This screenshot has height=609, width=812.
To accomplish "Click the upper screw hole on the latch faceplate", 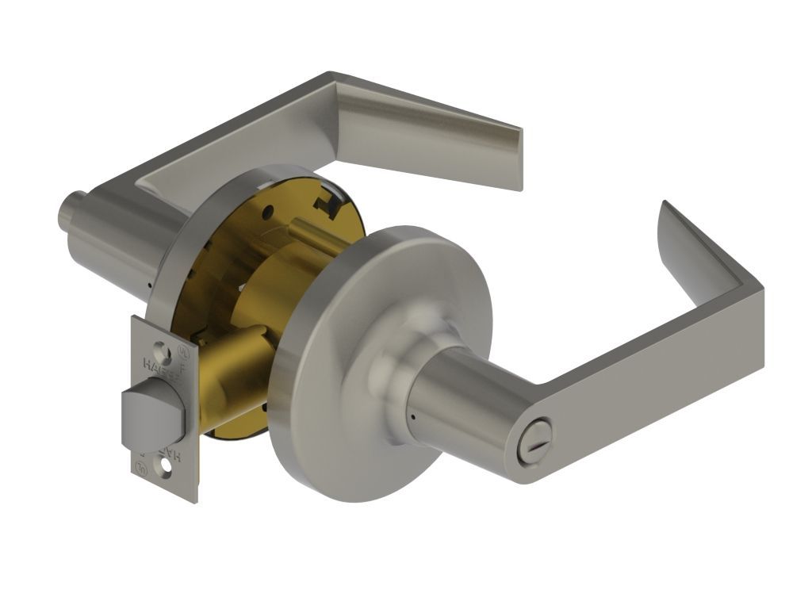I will click(163, 347).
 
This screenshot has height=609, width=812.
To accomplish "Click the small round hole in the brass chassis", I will click(267, 211).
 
